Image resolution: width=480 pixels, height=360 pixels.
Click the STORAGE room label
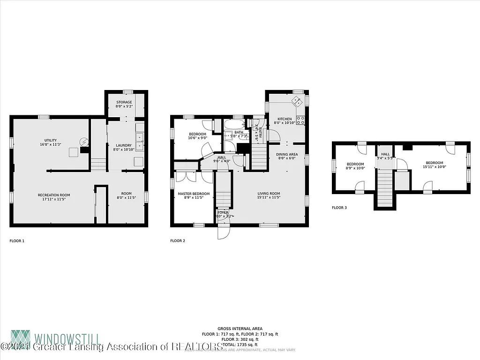click(x=124, y=102)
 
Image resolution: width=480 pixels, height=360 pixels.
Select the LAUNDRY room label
click(x=124, y=145)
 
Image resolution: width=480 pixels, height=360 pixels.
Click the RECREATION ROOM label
click(x=54, y=195)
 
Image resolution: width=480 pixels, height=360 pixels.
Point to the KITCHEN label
click(x=284, y=119)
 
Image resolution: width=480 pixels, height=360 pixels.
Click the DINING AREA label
click(x=286, y=154)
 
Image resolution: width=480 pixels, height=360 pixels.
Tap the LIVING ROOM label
click(x=269, y=194)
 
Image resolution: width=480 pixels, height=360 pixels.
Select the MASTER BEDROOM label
click(x=194, y=194)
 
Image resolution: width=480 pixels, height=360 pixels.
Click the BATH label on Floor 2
click(x=239, y=133)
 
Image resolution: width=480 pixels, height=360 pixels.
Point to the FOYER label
click(x=223, y=212)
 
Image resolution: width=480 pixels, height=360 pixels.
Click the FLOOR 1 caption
click(x=17, y=241)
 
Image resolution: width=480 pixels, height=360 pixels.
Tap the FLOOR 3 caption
click(x=339, y=207)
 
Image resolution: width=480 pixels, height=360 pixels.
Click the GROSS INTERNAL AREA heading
click(x=240, y=329)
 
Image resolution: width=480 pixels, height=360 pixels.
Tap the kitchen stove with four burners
click(x=300, y=120)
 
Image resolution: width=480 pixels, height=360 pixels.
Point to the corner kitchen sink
click(x=297, y=101)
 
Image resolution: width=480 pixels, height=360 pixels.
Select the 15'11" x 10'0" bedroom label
click(x=434, y=165)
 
